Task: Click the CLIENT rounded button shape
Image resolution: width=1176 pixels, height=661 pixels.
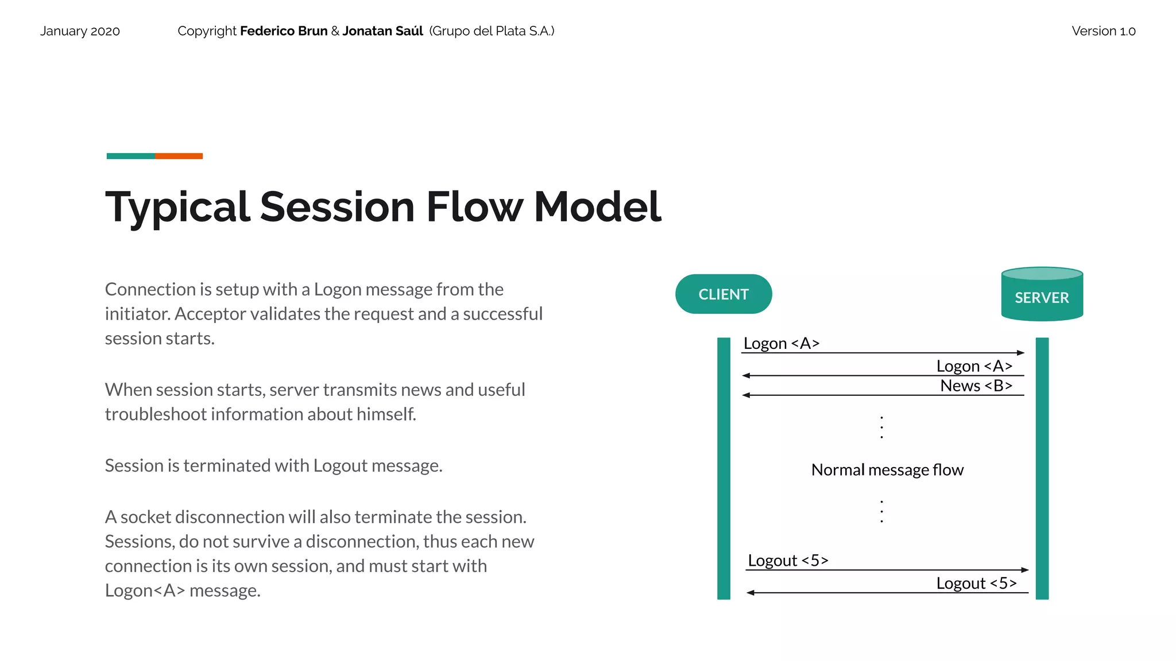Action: click(x=723, y=294)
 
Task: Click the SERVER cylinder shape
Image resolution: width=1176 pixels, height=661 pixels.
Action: click(x=1042, y=295)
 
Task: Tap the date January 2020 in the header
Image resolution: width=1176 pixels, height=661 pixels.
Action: click(x=80, y=31)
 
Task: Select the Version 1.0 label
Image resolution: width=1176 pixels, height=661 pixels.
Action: click(x=1103, y=31)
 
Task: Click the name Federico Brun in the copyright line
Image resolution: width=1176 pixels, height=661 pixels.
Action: click(x=284, y=31)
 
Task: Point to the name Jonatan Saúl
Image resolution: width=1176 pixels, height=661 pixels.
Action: click(x=382, y=31)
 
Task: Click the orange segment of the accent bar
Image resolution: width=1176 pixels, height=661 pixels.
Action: click(x=179, y=156)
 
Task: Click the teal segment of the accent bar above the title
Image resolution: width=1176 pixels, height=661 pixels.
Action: click(x=130, y=156)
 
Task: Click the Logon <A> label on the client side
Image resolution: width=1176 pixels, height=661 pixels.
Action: click(x=781, y=343)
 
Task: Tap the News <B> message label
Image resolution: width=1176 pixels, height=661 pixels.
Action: click(x=976, y=386)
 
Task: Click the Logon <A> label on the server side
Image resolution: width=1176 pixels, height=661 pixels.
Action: click(x=974, y=366)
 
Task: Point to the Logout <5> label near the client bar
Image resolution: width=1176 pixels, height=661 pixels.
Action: click(x=788, y=560)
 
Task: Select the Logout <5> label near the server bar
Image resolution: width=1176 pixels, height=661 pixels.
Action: click(x=976, y=583)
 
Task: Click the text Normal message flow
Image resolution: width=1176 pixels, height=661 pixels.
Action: click(x=887, y=470)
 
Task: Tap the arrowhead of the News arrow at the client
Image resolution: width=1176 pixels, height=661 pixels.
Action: click(x=746, y=395)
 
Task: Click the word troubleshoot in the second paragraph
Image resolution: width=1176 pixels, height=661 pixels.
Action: click(x=156, y=414)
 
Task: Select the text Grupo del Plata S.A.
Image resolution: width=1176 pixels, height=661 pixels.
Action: click(x=492, y=31)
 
